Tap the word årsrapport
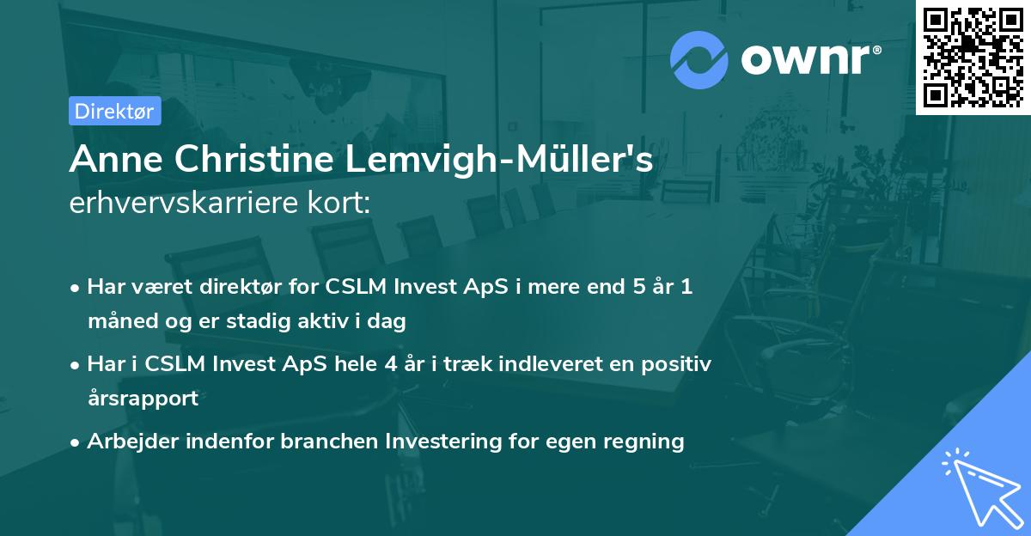pyautogui.click(x=143, y=398)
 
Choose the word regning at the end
pyautogui.click(x=641, y=442)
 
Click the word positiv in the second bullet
pyautogui.click(x=678, y=364)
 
